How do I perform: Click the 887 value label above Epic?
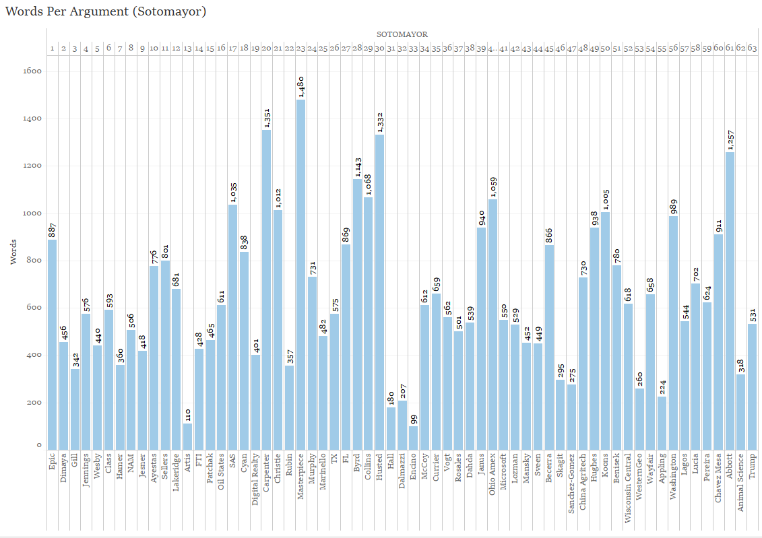(53, 230)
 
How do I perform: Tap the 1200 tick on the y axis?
(33, 166)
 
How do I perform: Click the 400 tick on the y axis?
(33, 355)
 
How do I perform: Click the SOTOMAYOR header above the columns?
(402, 34)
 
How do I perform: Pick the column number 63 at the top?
(752, 48)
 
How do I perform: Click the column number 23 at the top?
(300, 48)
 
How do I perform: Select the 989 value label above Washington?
(673, 206)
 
